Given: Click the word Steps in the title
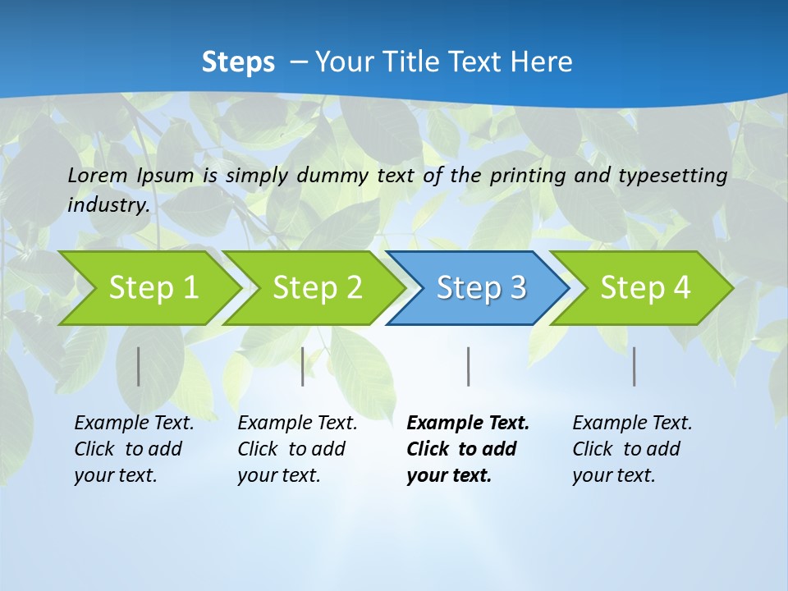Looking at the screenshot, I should [x=238, y=62].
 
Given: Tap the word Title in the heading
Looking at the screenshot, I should [x=418, y=62].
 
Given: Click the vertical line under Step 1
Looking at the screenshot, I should [x=138, y=366].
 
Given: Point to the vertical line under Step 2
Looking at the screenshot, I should [x=303, y=366].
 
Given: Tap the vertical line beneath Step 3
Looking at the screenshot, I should [x=468, y=366].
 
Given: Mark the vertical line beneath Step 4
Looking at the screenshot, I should [x=635, y=366].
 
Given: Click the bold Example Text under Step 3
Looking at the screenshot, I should [x=468, y=424].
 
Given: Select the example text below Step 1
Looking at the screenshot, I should [x=133, y=449].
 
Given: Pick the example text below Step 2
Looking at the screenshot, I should [x=296, y=449].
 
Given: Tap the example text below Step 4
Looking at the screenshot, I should [x=631, y=449].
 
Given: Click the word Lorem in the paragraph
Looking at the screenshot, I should [x=97, y=175].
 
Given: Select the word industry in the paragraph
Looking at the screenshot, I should [x=108, y=204].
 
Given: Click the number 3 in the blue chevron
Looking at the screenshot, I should [x=517, y=288].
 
